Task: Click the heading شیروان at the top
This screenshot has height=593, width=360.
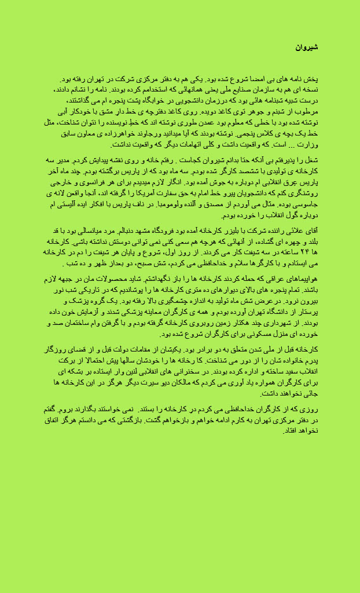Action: pos(307,47)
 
